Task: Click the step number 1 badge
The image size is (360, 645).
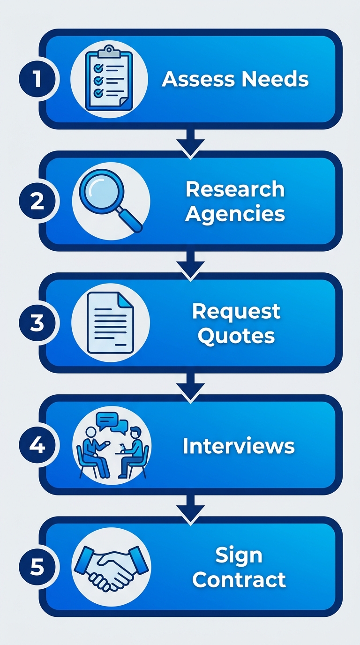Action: point(37,79)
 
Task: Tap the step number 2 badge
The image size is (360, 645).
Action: point(37,201)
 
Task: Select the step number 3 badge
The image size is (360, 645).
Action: point(37,323)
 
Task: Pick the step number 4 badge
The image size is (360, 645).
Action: point(37,445)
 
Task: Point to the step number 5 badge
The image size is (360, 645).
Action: point(37,567)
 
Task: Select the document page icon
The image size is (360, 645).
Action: point(111,322)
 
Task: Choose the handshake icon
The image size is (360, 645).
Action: point(111,567)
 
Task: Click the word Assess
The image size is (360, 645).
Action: point(196,79)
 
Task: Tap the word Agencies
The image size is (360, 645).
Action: point(235,214)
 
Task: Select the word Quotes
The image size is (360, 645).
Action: point(236,336)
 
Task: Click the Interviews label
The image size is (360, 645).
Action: point(239,446)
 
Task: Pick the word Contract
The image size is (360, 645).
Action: point(239,580)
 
